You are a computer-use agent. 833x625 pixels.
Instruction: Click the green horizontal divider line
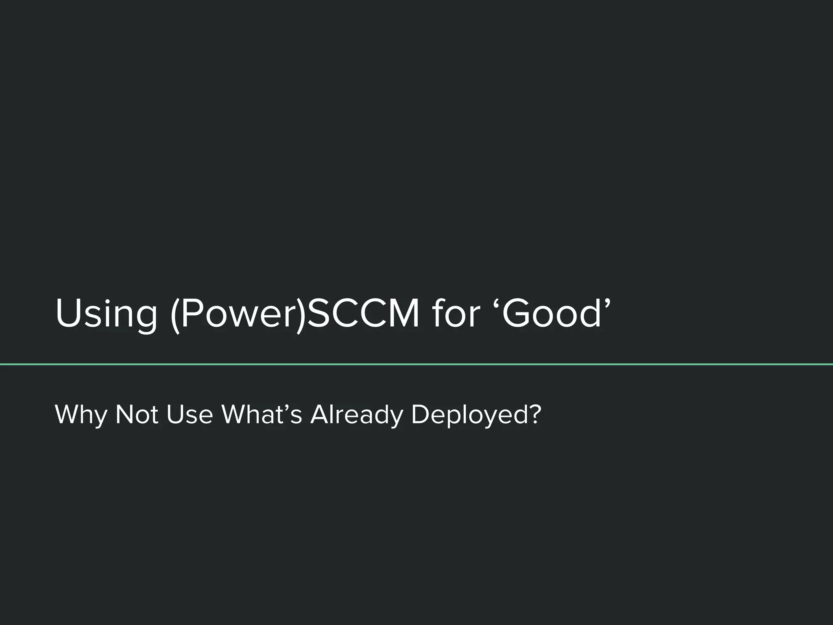[416, 364]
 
